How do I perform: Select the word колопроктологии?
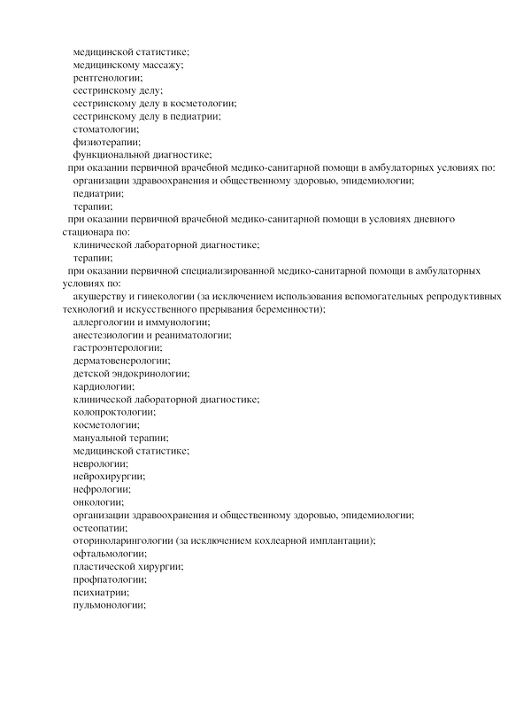click(114, 412)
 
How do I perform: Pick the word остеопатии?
click(100, 527)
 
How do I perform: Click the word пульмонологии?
click(108, 605)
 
